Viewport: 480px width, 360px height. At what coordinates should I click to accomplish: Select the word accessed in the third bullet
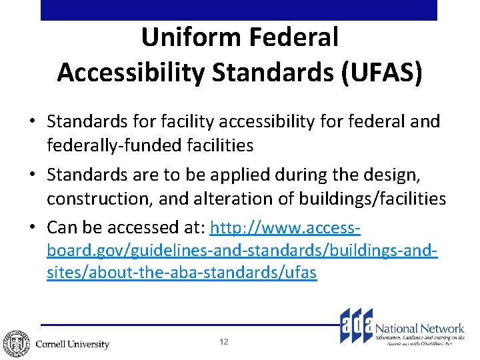pyautogui.click(x=133, y=229)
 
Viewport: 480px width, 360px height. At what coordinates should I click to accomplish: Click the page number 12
pyautogui.click(x=224, y=342)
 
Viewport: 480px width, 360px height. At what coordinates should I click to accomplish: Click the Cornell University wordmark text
pyautogui.click(x=72, y=345)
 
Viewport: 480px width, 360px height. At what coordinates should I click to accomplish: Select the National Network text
pyautogui.click(x=420, y=328)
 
